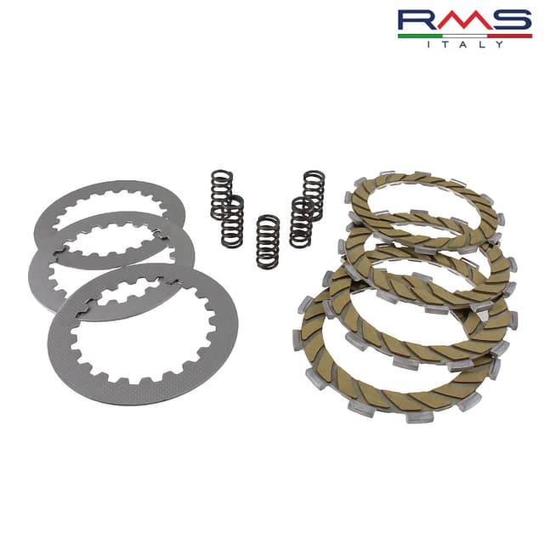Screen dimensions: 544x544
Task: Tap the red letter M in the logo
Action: point(465,20)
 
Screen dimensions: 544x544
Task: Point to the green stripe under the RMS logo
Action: point(420,36)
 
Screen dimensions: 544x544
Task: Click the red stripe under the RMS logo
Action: point(510,36)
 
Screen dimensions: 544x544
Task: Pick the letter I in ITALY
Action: point(428,44)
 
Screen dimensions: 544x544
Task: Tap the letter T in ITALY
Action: point(445,44)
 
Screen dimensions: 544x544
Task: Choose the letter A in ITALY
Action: point(464,44)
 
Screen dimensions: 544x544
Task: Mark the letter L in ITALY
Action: point(482,44)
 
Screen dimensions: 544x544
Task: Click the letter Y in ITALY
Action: point(499,44)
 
